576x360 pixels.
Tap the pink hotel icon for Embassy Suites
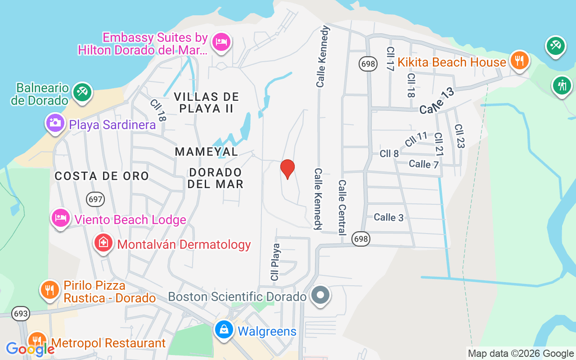[221, 42]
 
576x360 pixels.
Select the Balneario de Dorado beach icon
[82, 92]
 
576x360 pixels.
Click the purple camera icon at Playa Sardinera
[55, 123]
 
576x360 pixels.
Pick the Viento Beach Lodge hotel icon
[60, 218]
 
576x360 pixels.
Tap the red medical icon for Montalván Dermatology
[103, 243]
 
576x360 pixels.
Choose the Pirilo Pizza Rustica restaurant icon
[50, 289]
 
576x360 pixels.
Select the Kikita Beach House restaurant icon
[520, 60]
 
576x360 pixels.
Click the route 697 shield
[96, 199]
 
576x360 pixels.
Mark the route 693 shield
[21, 314]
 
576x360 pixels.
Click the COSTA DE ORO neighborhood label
[102, 176]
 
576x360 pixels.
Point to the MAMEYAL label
[207, 152]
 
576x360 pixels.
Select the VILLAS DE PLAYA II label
[207, 102]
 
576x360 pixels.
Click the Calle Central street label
[342, 207]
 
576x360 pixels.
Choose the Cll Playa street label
[275, 262]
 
